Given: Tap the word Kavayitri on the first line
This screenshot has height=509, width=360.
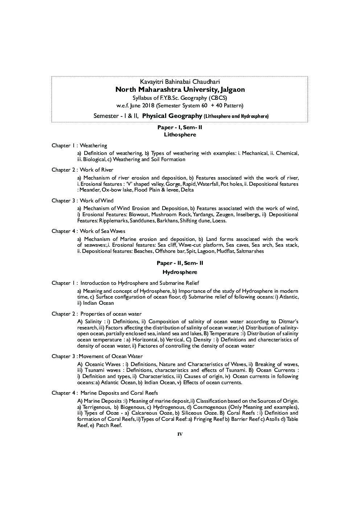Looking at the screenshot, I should (x=152, y=82).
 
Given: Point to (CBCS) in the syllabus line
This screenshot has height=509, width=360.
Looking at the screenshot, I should (x=218, y=98).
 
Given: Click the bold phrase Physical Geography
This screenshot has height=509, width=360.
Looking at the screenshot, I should (x=172, y=116).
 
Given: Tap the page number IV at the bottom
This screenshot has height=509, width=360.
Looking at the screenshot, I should (x=180, y=434).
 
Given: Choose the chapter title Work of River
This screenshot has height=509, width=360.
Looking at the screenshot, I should (x=97, y=170).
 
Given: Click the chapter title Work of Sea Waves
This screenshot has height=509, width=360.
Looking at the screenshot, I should (x=102, y=231).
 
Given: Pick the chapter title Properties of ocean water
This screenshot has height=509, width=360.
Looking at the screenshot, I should (x=111, y=314).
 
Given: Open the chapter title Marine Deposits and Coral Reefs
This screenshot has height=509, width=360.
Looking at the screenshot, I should (x=119, y=393).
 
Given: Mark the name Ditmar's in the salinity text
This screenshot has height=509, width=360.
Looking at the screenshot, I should (x=289, y=321).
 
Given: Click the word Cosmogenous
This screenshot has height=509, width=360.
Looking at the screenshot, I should (x=209, y=407).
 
